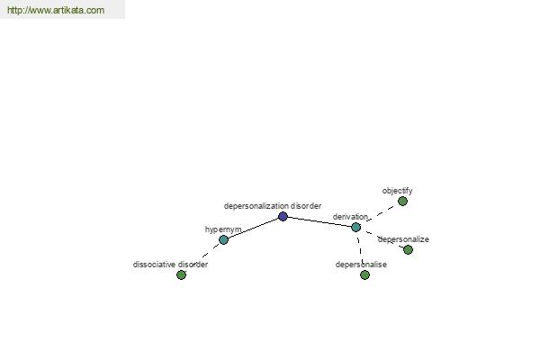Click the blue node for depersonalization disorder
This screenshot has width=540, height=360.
[x=283, y=216]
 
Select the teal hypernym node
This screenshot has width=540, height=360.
[x=223, y=239]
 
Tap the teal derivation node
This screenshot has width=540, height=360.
[x=355, y=227]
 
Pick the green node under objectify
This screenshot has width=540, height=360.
[x=402, y=202]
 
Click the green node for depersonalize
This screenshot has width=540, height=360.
[x=408, y=250]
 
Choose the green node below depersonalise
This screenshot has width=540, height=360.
[x=364, y=274]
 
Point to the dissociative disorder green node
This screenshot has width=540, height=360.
[x=181, y=274]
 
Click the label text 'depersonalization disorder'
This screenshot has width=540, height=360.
[x=273, y=206]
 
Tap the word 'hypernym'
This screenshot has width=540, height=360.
[x=223, y=229]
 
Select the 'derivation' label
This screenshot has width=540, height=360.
[x=350, y=217]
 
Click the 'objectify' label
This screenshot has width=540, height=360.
[x=397, y=191]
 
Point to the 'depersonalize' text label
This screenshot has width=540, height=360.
[x=403, y=239]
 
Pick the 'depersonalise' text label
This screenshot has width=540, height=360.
[x=361, y=265]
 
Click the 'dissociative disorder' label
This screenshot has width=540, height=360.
[x=170, y=265]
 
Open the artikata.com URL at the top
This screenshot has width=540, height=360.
[x=56, y=10]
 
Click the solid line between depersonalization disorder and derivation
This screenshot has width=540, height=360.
[x=319, y=221]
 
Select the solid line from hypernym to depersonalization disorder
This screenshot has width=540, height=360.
[x=253, y=228]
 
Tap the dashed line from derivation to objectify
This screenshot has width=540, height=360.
[x=379, y=214]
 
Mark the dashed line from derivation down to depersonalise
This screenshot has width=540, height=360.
[x=361, y=251]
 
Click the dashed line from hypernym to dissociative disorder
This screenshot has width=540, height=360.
[x=202, y=257]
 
